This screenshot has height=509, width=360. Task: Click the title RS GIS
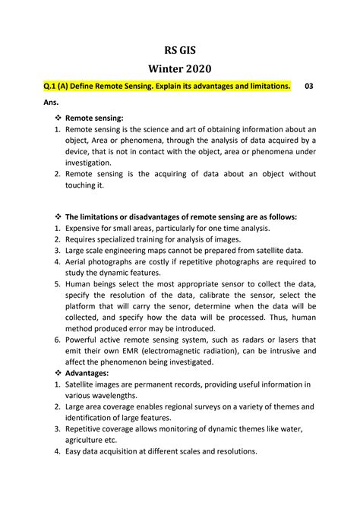click(179, 47)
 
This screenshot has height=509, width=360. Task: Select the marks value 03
click(308, 87)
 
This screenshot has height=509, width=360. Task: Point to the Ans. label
click(50, 101)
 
